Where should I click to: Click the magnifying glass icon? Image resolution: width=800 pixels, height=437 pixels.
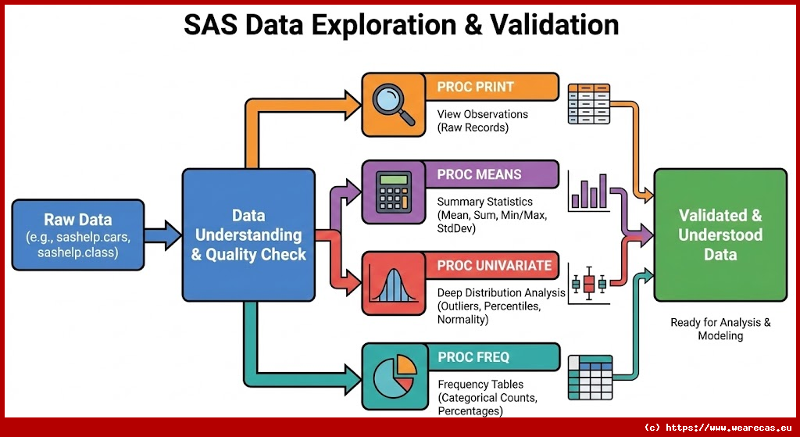(394, 105)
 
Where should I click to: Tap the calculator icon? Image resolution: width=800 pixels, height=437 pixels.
(394, 192)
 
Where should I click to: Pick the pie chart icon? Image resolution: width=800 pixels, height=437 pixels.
(394, 376)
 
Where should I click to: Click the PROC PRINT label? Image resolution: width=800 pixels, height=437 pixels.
(475, 86)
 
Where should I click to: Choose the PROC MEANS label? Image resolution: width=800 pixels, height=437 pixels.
(479, 174)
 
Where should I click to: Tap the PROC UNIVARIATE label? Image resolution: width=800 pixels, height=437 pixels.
(495, 266)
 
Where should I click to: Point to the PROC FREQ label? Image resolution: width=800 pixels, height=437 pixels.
(473, 356)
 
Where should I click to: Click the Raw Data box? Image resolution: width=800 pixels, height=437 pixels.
(78, 235)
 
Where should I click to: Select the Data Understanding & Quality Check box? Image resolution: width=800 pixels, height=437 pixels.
(248, 235)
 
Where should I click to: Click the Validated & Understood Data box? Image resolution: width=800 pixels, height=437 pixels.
(720, 235)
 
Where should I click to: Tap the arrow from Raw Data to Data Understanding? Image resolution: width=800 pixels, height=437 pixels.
(162, 235)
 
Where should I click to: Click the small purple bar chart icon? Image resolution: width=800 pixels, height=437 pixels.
(589, 192)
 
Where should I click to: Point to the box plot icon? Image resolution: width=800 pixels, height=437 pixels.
(589, 285)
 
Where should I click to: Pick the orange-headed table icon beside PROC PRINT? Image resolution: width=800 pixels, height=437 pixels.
(589, 104)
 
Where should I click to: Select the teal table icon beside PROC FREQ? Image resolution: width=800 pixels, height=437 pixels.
(591, 378)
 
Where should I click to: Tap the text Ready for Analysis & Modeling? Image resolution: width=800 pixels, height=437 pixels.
(720, 329)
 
